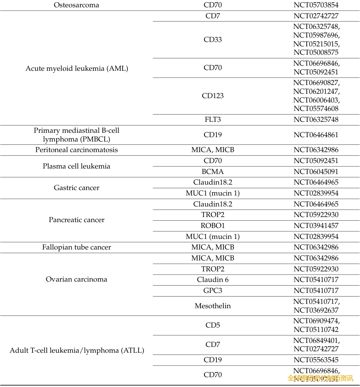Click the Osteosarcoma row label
[76, 5]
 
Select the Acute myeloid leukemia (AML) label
[77, 68]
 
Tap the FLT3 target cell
[212, 120]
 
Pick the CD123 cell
[212, 96]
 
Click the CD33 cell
[212, 39]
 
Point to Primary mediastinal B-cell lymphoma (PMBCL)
[77, 135]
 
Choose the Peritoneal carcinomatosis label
[77, 150]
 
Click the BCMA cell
[212, 171]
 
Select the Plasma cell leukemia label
[77, 166]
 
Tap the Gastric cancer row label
[77, 188]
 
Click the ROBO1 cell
[212, 225]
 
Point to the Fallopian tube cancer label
[77, 247]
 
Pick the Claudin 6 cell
[212, 280]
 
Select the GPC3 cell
[212, 291]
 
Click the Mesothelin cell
[212, 306]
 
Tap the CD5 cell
[212, 325]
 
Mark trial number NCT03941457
[316, 225]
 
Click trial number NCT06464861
[316, 135]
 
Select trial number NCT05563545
[316, 360]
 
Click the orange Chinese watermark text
[320, 378]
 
